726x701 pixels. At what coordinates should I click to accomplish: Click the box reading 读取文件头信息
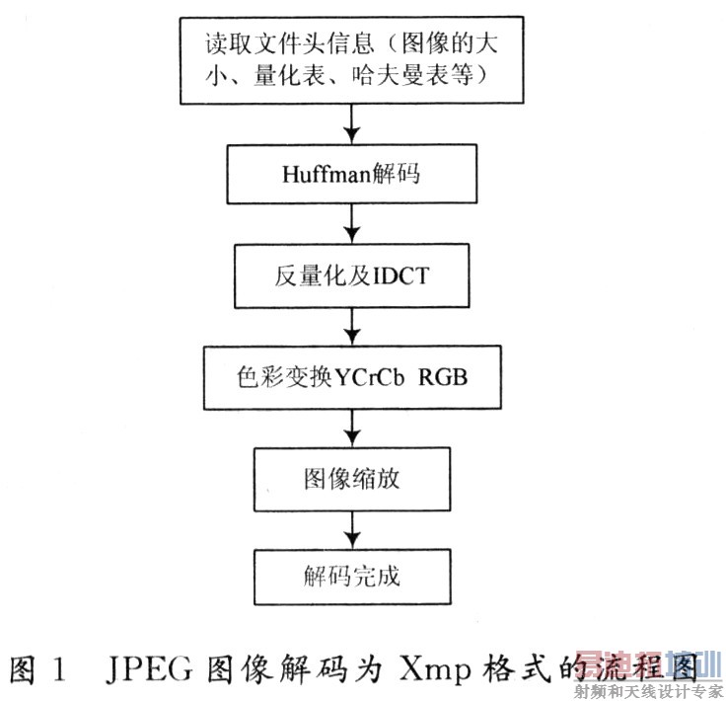[352, 60]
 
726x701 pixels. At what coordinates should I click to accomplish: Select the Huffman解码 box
[352, 174]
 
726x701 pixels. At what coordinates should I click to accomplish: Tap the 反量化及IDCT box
[352, 275]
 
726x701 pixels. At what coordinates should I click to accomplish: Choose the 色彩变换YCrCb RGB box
[352, 377]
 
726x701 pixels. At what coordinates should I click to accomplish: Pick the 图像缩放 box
[352, 479]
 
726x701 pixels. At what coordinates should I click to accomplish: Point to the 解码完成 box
[352, 577]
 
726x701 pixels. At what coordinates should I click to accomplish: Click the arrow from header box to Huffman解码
[352, 124]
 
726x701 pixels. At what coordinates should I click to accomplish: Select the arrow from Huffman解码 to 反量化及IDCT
[352, 224]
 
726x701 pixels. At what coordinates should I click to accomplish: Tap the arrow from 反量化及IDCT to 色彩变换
[352, 327]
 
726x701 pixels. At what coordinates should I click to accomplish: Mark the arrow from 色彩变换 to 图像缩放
[352, 428]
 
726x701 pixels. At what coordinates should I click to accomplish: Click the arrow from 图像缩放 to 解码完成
[352, 530]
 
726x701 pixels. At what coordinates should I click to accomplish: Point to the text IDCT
[400, 276]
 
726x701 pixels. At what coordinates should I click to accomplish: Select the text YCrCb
[369, 377]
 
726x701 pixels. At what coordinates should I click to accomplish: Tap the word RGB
[443, 377]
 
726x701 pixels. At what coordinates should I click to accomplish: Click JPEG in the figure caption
[149, 668]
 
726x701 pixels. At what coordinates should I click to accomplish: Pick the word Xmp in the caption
[434, 670]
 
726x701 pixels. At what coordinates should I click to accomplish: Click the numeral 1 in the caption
[59, 669]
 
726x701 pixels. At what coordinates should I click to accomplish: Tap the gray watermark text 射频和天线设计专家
[648, 691]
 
